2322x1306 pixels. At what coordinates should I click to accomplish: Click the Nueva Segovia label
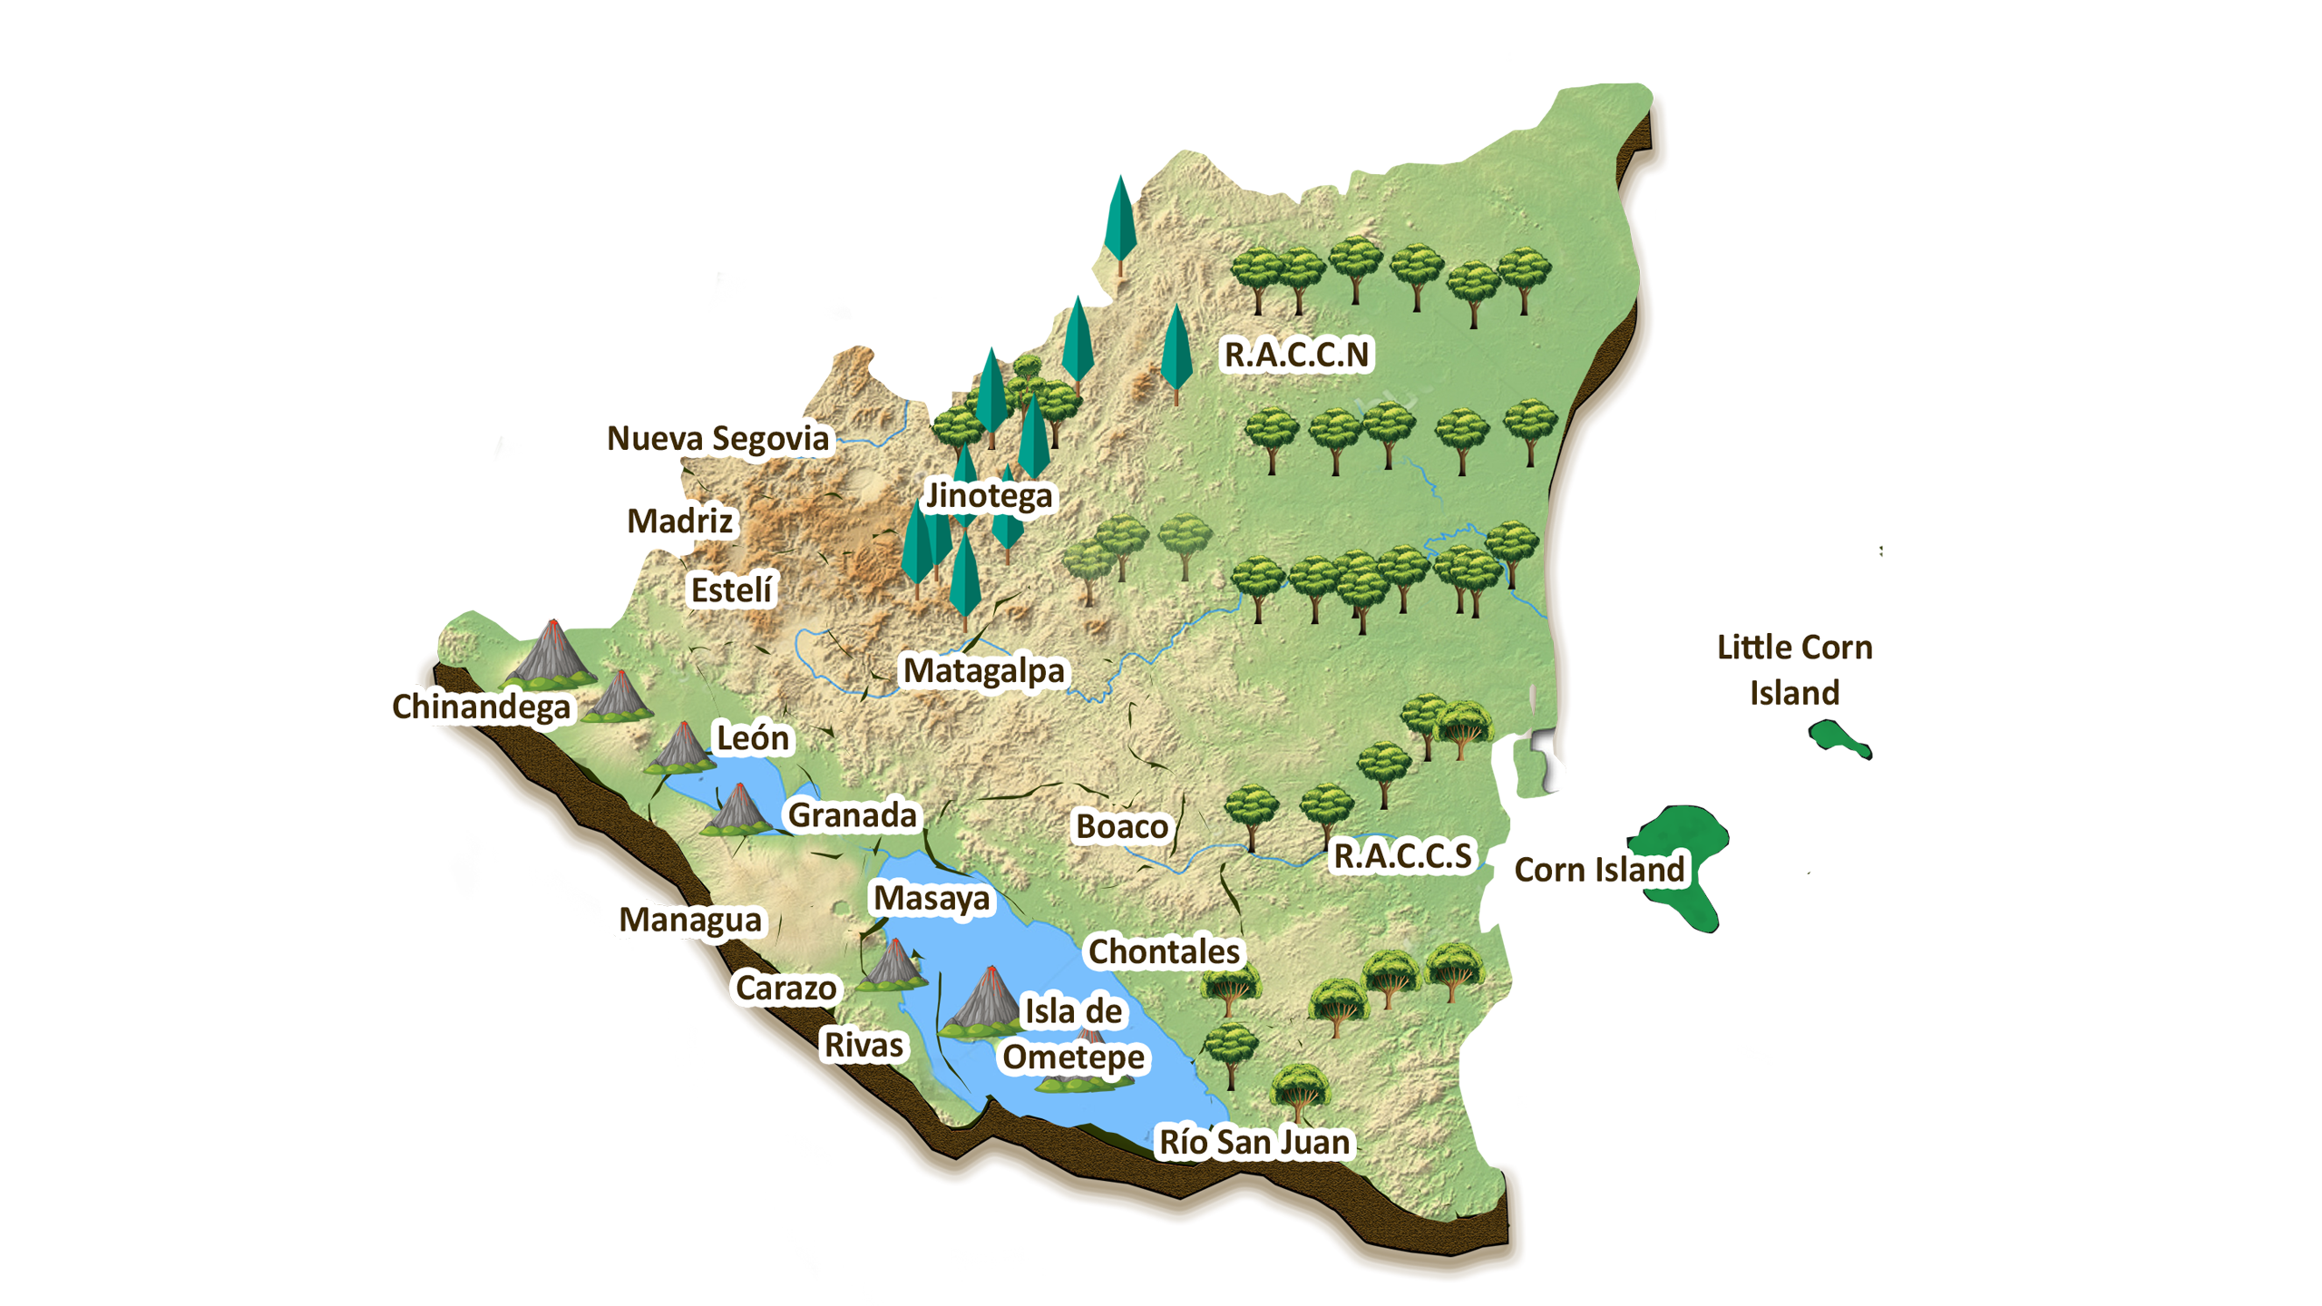click(x=717, y=439)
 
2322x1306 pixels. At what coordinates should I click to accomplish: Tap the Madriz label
click(x=680, y=521)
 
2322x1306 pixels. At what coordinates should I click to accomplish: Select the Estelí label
click(x=731, y=590)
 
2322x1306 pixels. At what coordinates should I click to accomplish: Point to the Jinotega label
click(x=989, y=496)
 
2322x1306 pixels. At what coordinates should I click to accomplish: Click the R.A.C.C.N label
click(x=1296, y=355)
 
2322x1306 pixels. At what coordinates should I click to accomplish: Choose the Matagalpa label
click(x=983, y=671)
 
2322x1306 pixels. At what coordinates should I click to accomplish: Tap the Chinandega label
click(x=482, y=707)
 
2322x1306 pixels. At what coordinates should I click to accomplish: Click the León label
click(x=753, y=738)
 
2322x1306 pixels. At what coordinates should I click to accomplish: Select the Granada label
click(x=853, y=815)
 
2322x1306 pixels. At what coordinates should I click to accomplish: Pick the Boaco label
click(x=1122, y=827)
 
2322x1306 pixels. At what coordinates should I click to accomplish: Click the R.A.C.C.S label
click(x=1402, y=856)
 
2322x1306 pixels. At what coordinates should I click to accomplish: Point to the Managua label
click(x=690, y=921)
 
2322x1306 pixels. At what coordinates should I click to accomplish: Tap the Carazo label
click(x=785, y=989)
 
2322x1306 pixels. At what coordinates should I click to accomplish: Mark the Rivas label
click(x=863, y=1046)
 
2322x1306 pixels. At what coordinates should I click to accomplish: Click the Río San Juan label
click(x=1254, y=1143)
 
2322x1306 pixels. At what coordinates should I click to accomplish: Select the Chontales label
click(x=1164, y=952)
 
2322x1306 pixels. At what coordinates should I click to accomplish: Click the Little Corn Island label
click(x=1794, y=670)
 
